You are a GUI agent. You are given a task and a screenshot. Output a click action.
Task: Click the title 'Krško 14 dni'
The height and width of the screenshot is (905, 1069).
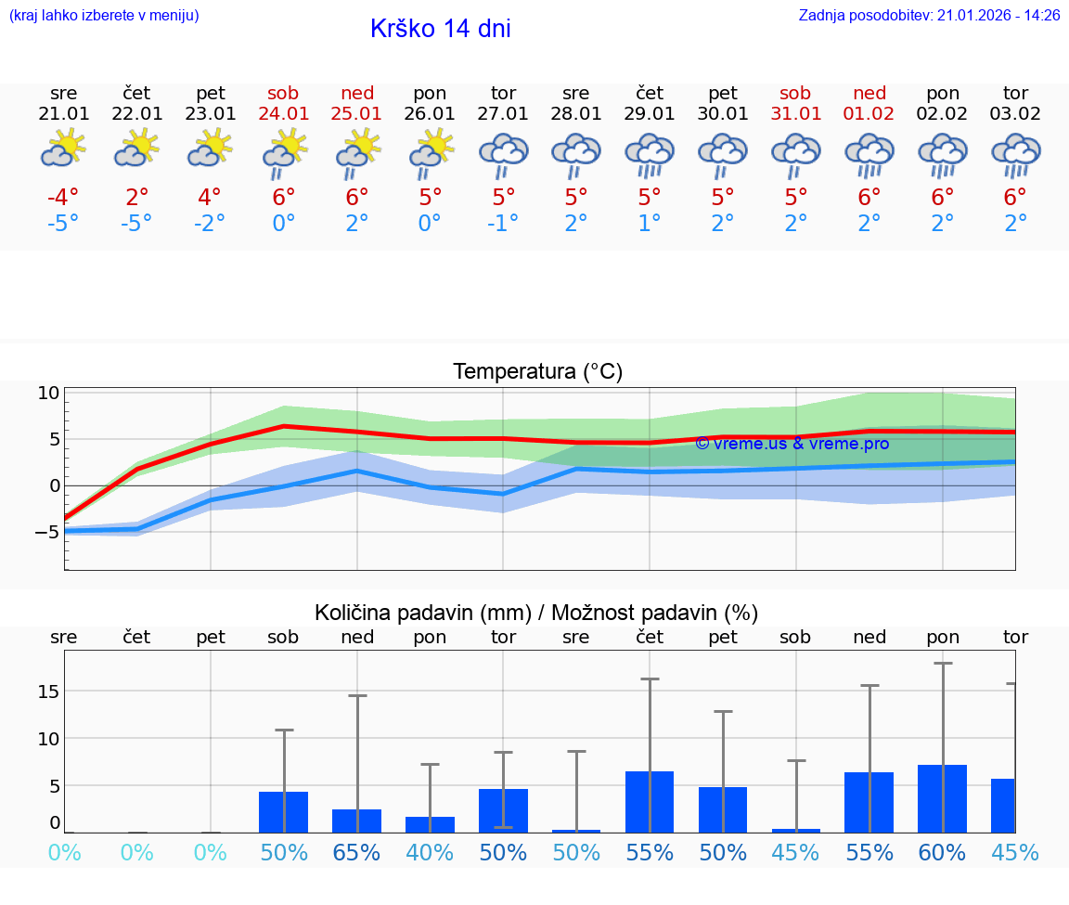coord(440,29)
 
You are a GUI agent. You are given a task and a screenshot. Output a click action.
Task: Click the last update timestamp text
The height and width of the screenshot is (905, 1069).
coord(929,15)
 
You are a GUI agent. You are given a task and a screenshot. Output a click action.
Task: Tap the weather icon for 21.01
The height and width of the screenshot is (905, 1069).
coord(63,148)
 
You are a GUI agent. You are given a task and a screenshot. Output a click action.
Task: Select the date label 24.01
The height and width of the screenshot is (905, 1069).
coord(284,113)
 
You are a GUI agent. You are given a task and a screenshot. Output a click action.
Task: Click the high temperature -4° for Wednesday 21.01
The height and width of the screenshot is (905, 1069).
coord(63,198)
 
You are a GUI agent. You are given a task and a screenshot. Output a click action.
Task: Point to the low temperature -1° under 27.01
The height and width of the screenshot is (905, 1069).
coord(503,224)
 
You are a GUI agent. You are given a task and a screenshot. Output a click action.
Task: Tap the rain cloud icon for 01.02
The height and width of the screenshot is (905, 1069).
coord(869,154)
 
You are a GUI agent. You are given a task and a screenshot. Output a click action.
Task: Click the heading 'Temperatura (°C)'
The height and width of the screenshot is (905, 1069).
coord(537,372)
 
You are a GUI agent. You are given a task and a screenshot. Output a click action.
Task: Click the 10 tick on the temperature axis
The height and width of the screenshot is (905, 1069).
coord(49,393)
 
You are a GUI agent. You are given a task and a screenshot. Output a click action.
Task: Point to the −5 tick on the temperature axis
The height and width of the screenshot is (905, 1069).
coord(45,532)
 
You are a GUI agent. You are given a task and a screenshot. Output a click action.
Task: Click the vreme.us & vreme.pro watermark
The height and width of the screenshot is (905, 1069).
coord(792,444)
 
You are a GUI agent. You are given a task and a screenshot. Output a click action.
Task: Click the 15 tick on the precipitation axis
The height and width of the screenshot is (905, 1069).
coord(49,692)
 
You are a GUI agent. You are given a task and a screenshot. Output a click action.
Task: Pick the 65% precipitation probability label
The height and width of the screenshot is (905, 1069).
coord(357,852)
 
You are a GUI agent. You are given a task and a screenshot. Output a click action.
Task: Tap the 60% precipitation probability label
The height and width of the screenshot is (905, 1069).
coord(943,852)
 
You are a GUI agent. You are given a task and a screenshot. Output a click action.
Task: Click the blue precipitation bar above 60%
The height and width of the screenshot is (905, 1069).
coord(943,798)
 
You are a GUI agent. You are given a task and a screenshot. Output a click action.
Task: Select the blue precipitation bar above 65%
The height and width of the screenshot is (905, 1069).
coord(357,821)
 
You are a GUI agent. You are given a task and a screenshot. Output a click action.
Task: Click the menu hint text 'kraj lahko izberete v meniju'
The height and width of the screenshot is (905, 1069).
coord(104,15)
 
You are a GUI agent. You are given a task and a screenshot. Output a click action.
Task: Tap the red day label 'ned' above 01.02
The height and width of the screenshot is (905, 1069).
coord(869,93)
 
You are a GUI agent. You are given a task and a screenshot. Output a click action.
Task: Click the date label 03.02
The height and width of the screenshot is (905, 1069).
coord(1015,113)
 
